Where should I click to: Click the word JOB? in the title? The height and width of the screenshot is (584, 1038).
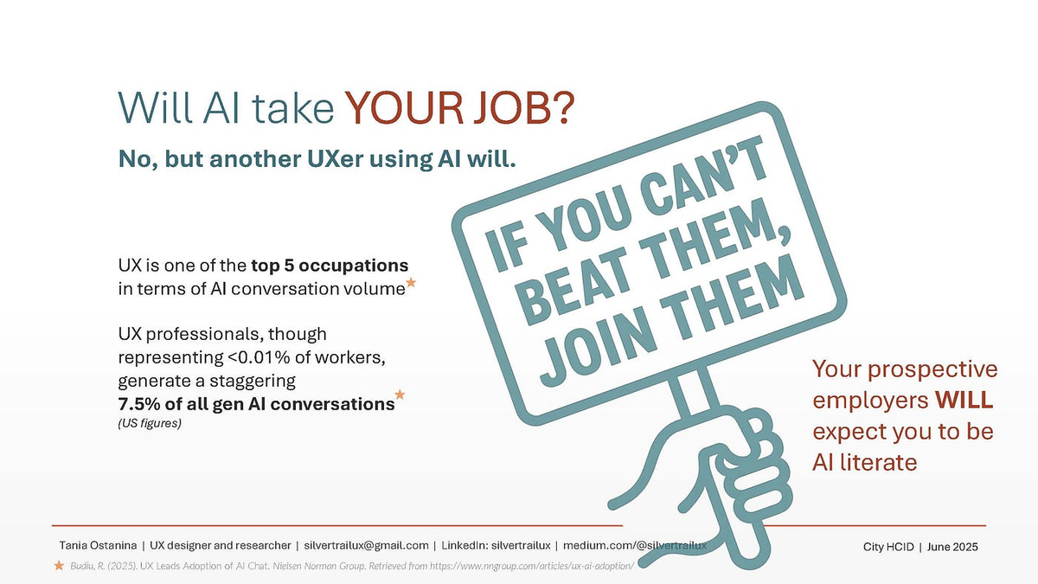click(x=524, y=107)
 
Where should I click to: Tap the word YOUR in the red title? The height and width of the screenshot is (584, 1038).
click(x=404, y=107)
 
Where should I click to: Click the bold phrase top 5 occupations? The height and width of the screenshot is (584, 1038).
click(x=330, y=266)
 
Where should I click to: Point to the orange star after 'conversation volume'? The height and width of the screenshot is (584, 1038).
click(x=411, y=282)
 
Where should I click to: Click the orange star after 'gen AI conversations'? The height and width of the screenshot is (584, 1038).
click(x=400, y=395)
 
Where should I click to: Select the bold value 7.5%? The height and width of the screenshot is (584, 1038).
click(x=139, y=404)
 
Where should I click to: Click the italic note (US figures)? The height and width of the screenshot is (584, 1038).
click(x=150, y=423)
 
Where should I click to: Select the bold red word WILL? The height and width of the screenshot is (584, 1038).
click(x=964, y=400)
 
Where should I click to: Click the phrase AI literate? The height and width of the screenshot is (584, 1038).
click(x=865, y=462)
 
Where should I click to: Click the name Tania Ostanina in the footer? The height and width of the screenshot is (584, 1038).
click(x=98, y=546)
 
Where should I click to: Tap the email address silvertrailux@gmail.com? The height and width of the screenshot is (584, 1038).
click(x=366, y=546)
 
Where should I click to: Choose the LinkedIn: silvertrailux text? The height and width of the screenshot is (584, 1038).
click(x=496, y=546)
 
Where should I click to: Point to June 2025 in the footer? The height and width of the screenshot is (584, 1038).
click(x=952, y=547)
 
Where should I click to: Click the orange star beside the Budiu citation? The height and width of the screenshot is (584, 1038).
click(x=59, y=566)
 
